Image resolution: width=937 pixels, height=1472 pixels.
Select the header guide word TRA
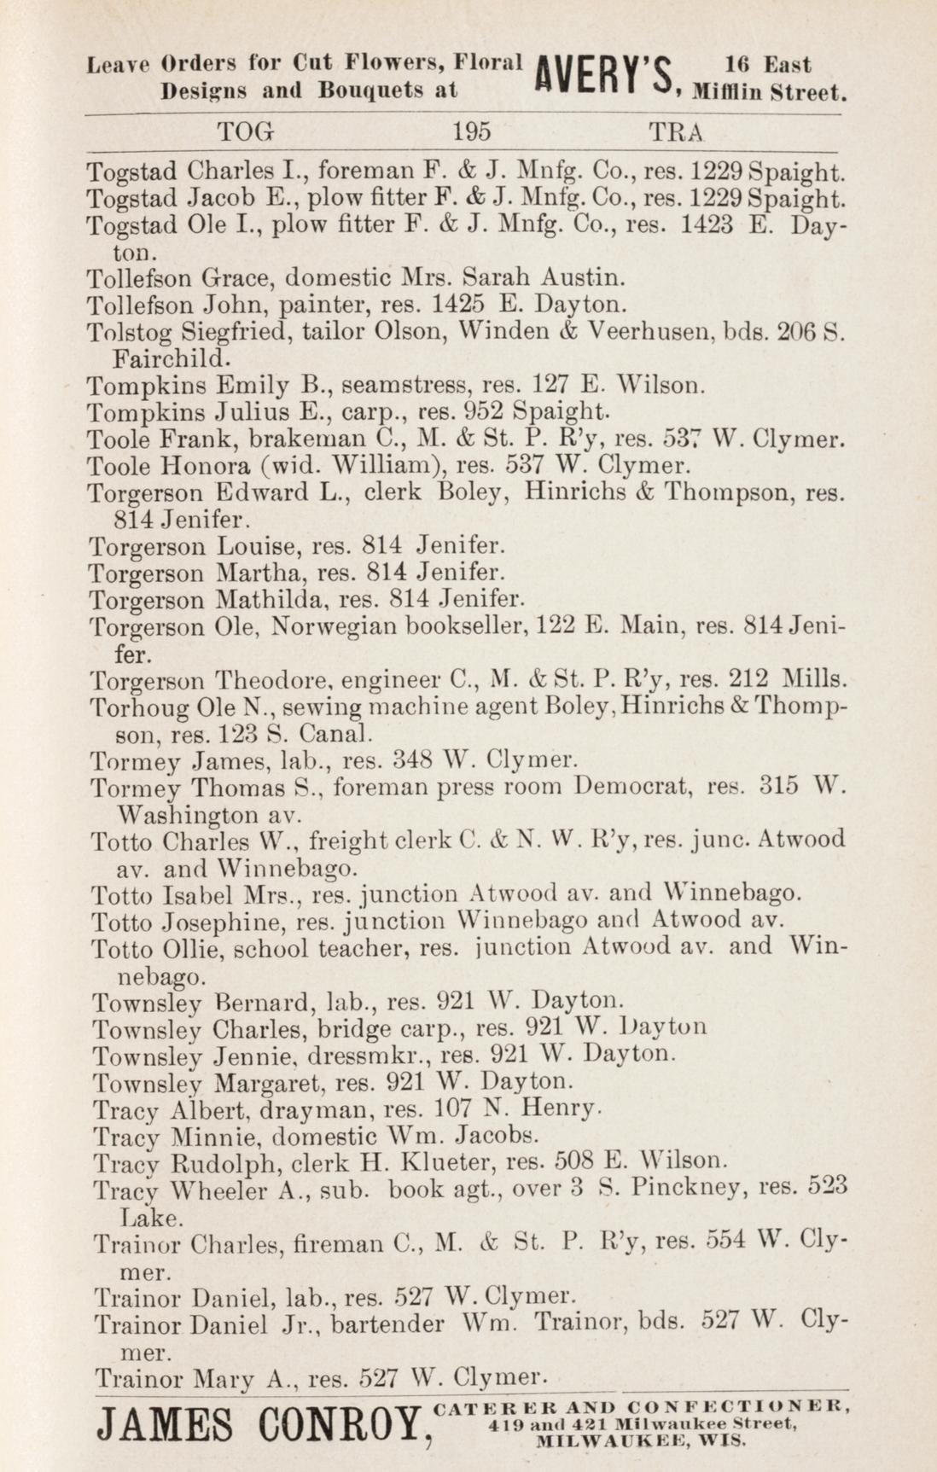[x=677, y=132]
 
